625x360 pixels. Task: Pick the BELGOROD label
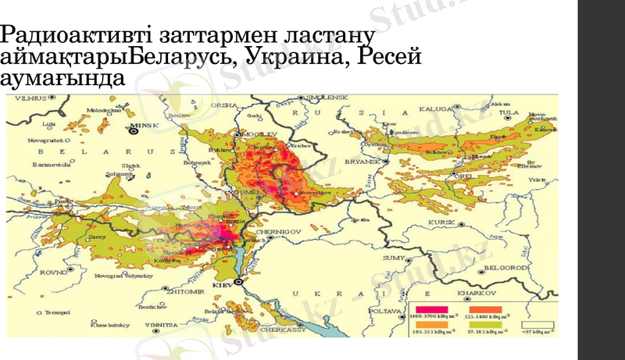[502, 268]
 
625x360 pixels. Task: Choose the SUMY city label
[393, 257]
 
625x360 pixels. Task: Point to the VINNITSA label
[166, 321]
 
